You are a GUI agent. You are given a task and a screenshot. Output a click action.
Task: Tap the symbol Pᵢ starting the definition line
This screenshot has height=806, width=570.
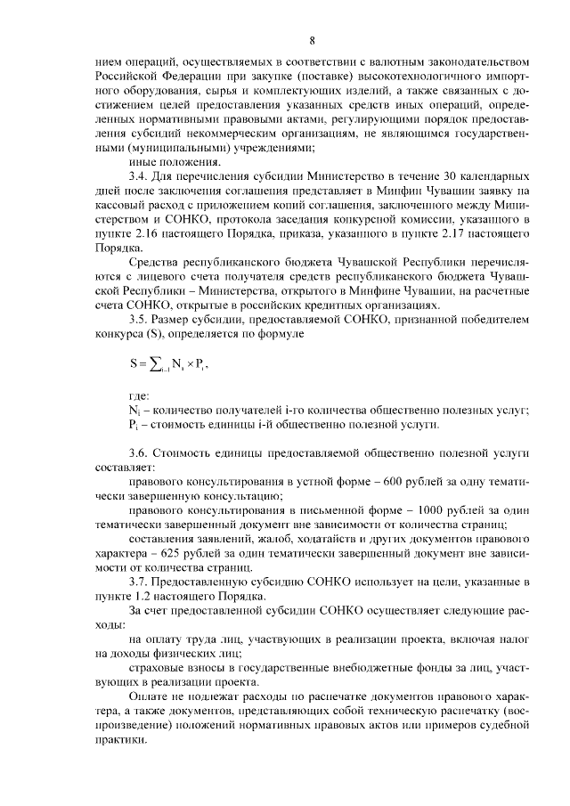tap(134, 425)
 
